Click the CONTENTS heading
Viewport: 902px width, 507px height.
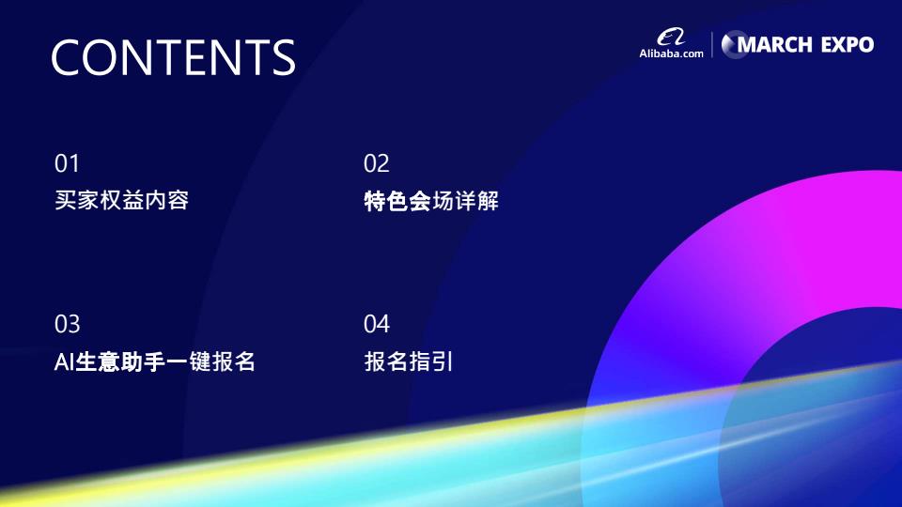pos(173,57)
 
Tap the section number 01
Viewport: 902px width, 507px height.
pos(67,163)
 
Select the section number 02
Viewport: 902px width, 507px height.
pos(376,163)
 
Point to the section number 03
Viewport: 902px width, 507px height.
pos(68,324)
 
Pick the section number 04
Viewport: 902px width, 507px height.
pos(377,324)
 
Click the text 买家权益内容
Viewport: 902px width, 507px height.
pos(122,200)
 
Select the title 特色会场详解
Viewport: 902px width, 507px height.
pos(431,201)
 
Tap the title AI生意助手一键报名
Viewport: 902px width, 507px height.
pos(154,361)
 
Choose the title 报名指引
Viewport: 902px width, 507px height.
pos(409,361)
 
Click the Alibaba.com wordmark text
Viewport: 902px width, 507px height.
pos(671,54)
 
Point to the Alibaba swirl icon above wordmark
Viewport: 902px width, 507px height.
pos(671,38)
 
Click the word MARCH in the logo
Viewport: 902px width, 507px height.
pos(774,45)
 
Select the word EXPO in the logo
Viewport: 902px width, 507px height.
pos(848,45)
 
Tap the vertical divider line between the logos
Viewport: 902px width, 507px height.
pos(712,44)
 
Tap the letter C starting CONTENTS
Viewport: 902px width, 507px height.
pos(68,57)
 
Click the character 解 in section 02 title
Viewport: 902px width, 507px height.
pos(488,201)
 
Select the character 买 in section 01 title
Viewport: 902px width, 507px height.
pos(66,200)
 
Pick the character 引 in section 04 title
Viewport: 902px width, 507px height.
pos(443,361)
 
